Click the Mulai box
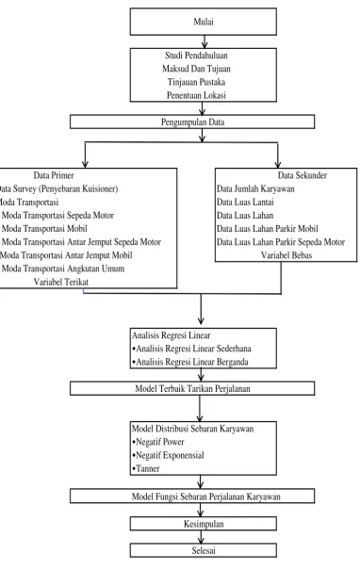204,22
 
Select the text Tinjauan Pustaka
196,82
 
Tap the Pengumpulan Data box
192,122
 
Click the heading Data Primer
54,175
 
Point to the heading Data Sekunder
303,175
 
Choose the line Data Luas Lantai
245,202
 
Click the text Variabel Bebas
286,255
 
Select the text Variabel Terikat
61,282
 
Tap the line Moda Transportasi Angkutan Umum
63,269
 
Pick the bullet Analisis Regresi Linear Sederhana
191,349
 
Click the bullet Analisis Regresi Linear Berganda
190,362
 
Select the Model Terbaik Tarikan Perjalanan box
192,388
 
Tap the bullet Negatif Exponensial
168,455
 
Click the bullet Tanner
146,468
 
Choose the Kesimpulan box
204,524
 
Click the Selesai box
204,550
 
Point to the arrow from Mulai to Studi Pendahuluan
205,41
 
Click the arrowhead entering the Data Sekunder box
278,165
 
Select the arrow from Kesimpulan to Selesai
201,537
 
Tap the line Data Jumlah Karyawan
255,188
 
